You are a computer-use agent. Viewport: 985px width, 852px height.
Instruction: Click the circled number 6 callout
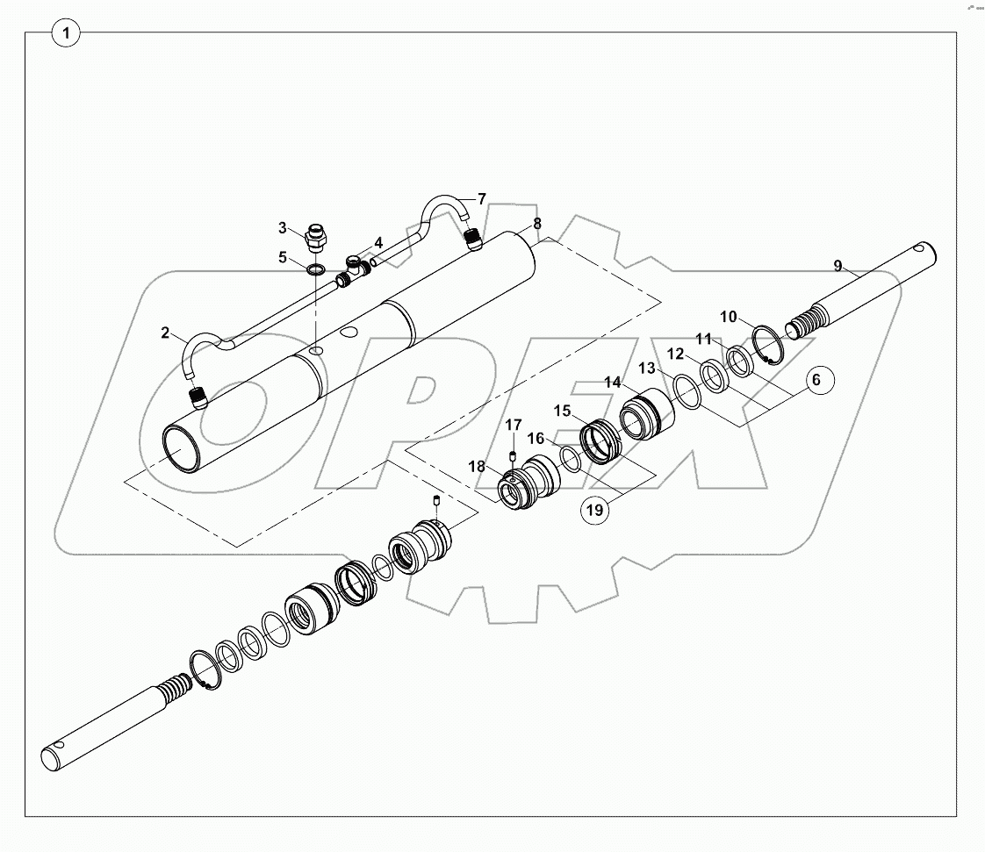(x=816, y=379)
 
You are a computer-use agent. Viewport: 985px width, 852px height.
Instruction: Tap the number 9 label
(x=838, y=265)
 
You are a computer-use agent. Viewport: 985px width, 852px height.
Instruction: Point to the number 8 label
(x=536, y=223)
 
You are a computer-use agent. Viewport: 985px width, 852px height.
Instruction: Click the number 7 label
(x=481, y=198)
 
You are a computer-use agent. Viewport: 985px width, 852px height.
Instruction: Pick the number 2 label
(x=165, y=333)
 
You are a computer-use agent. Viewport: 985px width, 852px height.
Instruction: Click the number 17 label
(x=513, y=426)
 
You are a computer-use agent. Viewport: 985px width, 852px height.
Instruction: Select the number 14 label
(x=612, y=382)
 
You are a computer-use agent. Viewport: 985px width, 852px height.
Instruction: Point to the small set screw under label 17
(x=513, y=453)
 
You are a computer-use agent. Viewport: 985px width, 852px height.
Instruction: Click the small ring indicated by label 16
(x=569, y=460)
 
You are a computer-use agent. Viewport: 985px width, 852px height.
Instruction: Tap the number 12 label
(x=675, y=354)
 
